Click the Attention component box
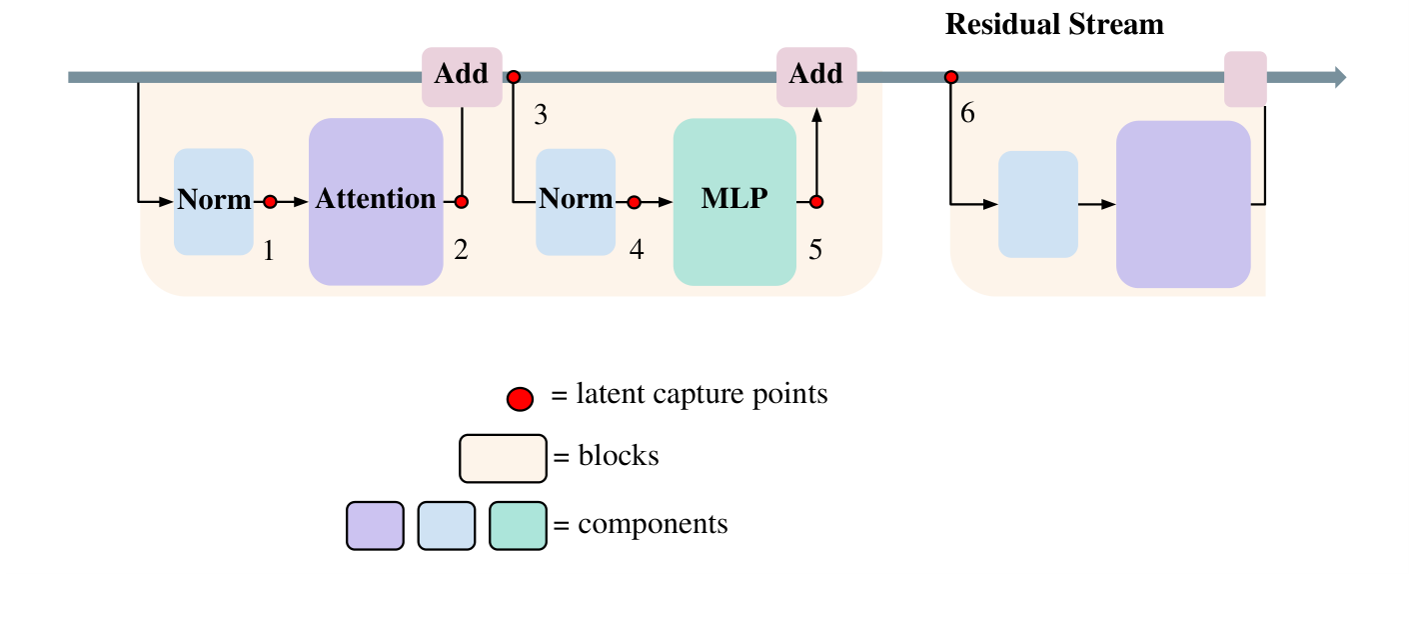coord(376,202)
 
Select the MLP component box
coord(734,202)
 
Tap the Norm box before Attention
coord(214,202)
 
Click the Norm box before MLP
coord(576,202)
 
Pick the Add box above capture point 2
coord(462,76)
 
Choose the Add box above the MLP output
coord(816,76)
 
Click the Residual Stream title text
coord(1054,24)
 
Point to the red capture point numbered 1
coord(270,202)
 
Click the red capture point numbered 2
coord(462,202)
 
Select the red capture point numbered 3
coord(514,77)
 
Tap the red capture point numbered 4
coord(634,202)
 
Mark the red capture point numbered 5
coord(816,202)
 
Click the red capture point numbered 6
coord(951,77)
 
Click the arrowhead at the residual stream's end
coord(1340,77)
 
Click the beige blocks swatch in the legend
coord(503,459)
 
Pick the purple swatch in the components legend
coord(375,526)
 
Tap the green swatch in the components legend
coord(518,526)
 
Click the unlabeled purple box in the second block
coord(1183,204)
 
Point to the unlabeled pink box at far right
coord(1245,79)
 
